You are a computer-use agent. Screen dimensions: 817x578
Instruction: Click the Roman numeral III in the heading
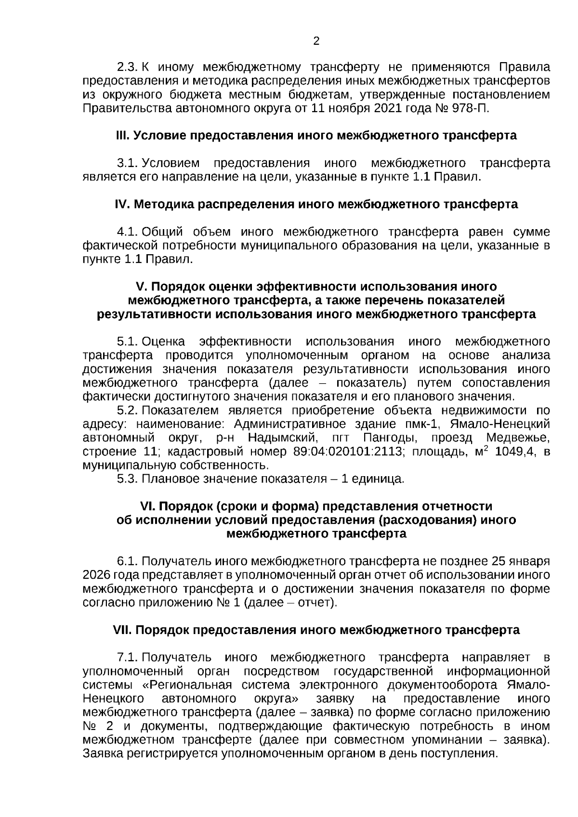point(122,136)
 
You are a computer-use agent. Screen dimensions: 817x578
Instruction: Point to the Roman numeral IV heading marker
point(122,205)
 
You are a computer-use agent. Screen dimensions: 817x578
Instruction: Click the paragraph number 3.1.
point(128,163)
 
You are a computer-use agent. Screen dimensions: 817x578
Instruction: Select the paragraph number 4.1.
point(128,232)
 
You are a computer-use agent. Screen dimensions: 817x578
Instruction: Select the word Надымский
point(282,438)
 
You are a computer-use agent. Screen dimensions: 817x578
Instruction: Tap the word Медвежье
point(518,438)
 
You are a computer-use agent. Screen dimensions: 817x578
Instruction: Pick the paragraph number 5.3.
point(128,480)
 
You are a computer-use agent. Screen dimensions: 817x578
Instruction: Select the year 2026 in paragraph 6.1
point(96,575)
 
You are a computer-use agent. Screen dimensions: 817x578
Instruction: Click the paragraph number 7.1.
point(128,658)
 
